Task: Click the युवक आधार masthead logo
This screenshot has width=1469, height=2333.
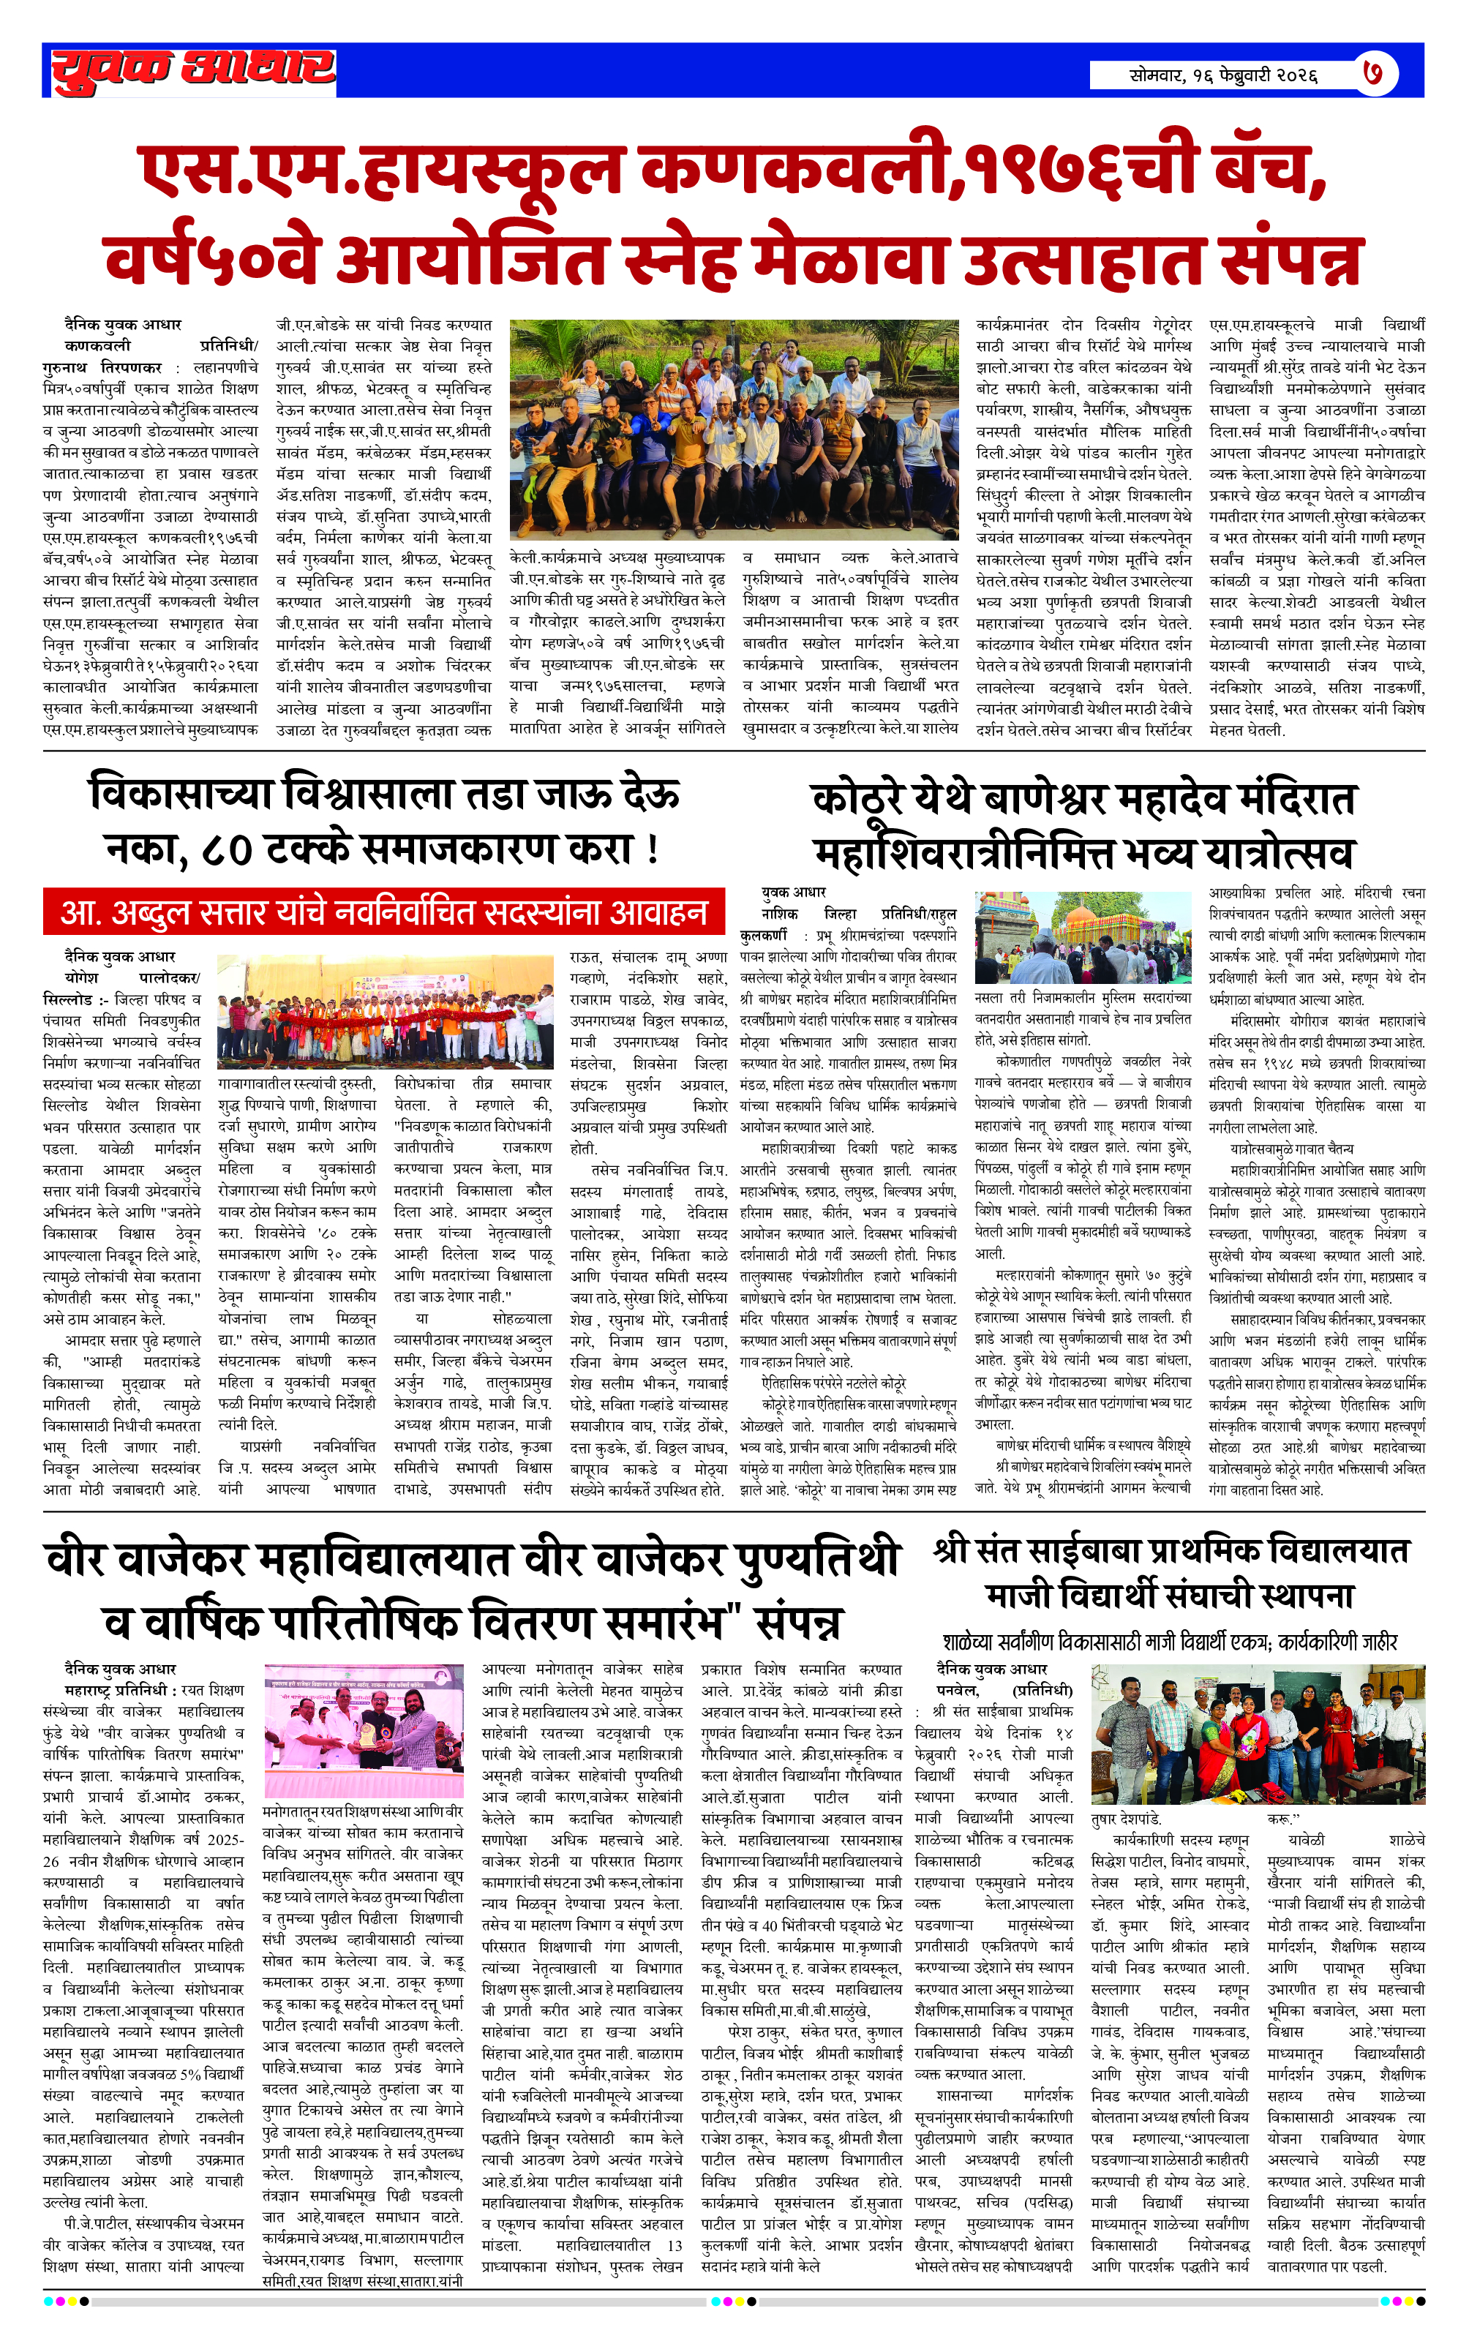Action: pos(193,69)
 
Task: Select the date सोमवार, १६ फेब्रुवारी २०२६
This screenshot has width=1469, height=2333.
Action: pos(1223,75)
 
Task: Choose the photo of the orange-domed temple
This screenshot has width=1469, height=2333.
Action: pos(1083,937)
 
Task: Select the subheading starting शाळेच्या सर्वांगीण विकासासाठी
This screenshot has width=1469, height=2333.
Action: pos(1170,1641)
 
